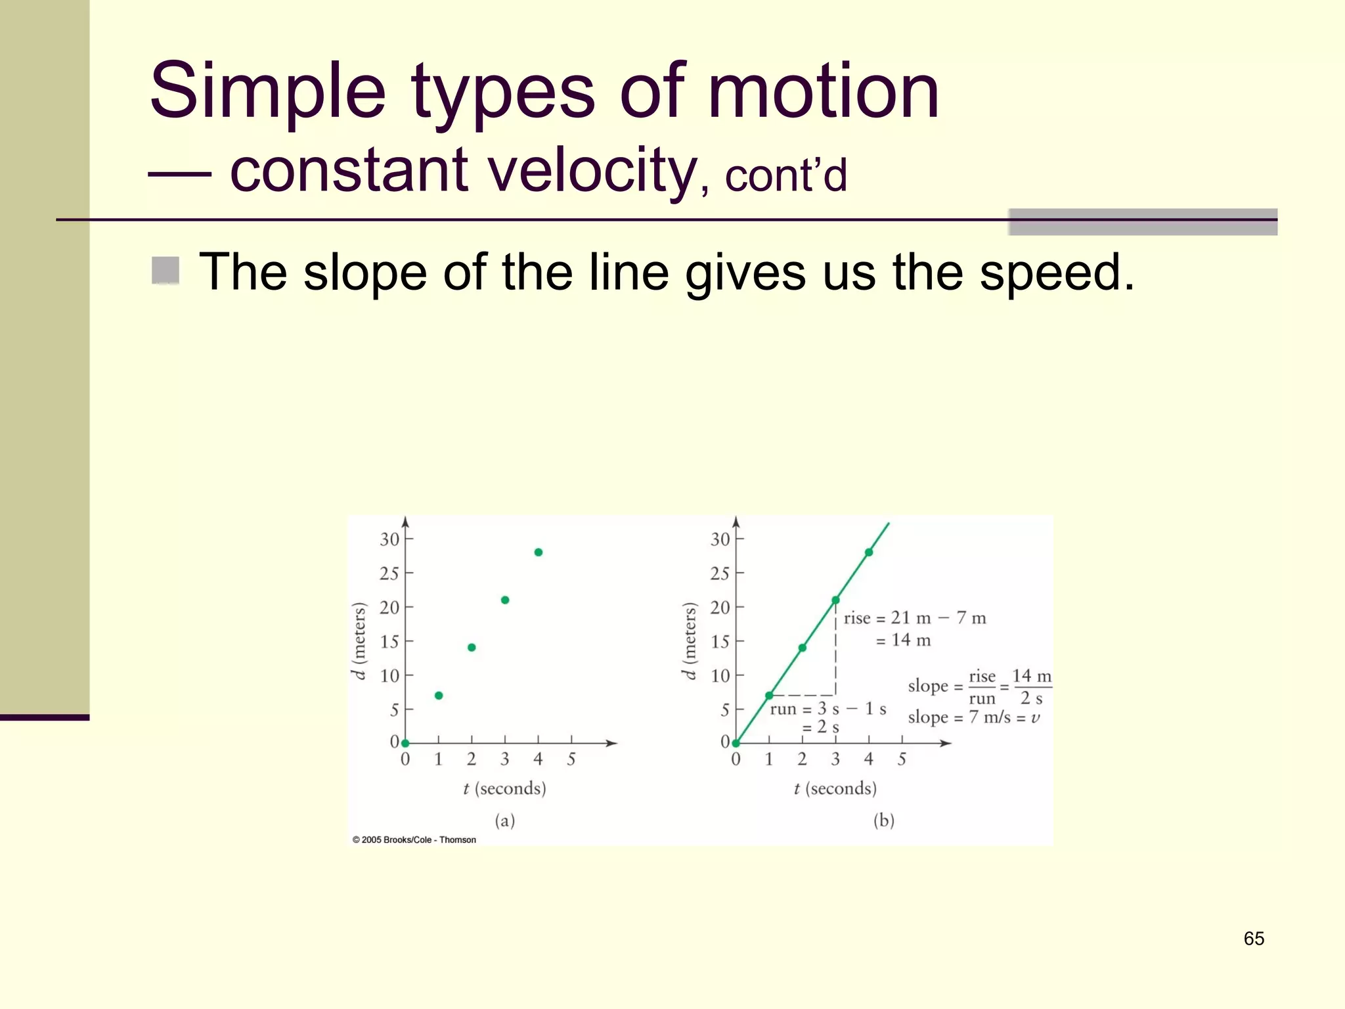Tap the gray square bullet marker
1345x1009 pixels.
[165, 270]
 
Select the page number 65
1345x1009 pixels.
[1253, 938]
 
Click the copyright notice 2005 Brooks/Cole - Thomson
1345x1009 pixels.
[414, 840]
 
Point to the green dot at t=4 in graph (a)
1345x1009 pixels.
[539, 552]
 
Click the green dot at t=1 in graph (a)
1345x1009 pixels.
[439, 695]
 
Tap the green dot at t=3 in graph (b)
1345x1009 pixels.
[835, 600]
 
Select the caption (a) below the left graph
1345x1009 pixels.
[504, 820]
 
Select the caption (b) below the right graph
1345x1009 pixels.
[883, 820]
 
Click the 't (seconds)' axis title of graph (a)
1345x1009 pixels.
[504, 788]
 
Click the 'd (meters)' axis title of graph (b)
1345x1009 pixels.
[688, 640]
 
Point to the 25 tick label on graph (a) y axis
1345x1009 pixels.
[389, 573]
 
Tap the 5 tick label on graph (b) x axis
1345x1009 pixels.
[902, 759]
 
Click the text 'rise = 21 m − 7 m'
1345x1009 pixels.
[914, 618]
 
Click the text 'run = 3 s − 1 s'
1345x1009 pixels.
[827, 709]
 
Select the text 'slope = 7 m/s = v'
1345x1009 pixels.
[973, 717]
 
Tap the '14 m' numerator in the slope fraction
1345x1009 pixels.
[1031, 676]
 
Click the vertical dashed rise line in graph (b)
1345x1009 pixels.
[835, 650]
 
